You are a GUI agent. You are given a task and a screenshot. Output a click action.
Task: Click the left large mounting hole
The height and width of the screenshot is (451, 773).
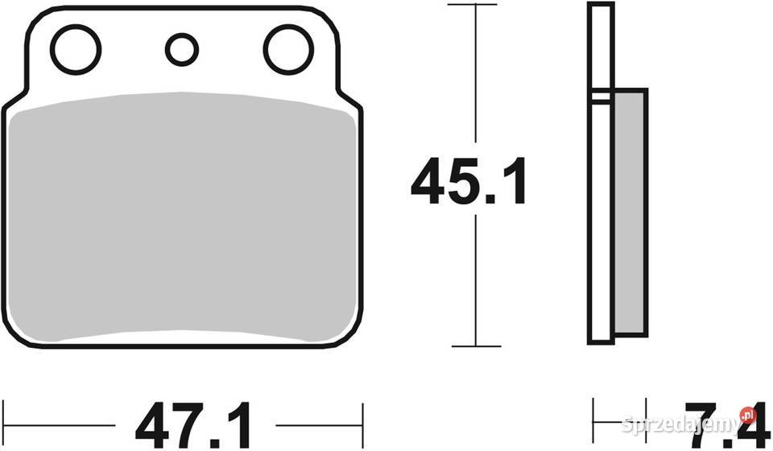tap(76, 49)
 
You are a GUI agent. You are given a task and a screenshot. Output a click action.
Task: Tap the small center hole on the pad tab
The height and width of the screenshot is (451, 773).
tap(182, 49)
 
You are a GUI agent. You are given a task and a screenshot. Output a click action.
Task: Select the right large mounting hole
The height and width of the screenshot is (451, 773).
tap(287, 49)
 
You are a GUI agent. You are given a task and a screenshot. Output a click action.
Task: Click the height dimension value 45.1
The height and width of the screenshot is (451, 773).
tap(469, 182)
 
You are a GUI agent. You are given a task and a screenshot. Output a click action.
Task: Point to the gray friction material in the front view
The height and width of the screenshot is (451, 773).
tap(181, 217)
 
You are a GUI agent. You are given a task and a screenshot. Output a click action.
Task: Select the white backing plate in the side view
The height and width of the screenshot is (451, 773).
tap(600, 217)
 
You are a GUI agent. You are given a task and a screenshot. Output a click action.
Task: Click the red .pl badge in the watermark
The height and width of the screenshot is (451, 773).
tap(749, 416)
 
